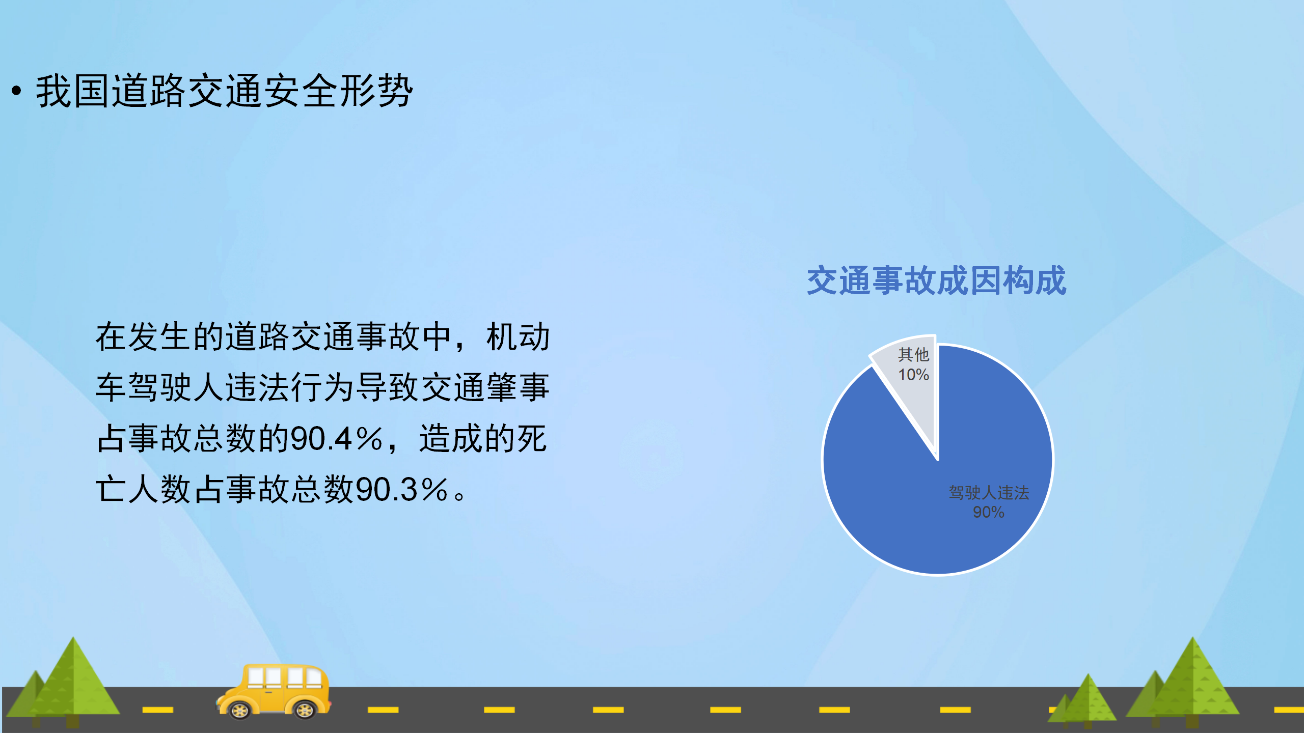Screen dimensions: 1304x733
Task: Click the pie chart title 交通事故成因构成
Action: tap(936, 280)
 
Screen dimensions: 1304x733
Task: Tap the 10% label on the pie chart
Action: tap(913, 375)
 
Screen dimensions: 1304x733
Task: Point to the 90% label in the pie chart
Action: tap(988, 512)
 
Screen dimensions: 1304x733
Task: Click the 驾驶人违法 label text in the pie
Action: tap(989, 492)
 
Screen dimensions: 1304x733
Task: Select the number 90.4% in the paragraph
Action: tap(336, 438)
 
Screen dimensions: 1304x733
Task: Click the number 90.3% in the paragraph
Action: tap(401, 489)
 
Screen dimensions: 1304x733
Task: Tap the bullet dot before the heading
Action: tap(16, 91)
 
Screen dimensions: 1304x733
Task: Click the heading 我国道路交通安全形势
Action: tap(224, 91)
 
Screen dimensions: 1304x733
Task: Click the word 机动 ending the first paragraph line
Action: tap(518, 336)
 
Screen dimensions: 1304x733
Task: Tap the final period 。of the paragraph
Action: tap(459, 495)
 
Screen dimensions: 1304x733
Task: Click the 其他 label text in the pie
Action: tap(913, 354)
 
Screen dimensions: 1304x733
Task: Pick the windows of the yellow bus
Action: tap(285, 677)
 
